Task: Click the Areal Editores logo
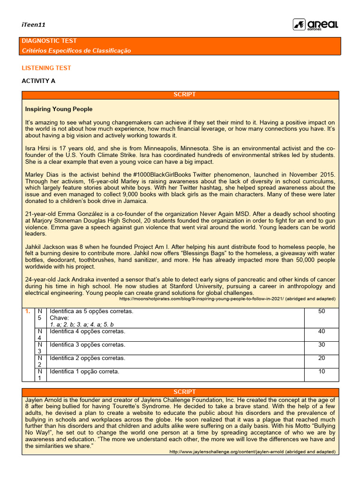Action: coord(315,24)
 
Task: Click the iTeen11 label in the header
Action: coord(34,25)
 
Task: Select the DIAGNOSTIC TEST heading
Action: coord(49,41)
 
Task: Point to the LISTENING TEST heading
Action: coord(46,68)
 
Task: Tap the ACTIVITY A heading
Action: coord(38,81)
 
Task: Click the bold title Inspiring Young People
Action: coord(59,109)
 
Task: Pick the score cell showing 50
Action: coord(321,311)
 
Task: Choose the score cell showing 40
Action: coord(321,331)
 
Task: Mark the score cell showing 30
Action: coord(321,345)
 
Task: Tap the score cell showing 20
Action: coord(321,358)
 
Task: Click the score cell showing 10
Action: coord(321,372)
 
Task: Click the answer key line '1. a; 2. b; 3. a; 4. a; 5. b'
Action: coord(82,324)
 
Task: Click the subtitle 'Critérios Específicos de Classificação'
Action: coord(76,51)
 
